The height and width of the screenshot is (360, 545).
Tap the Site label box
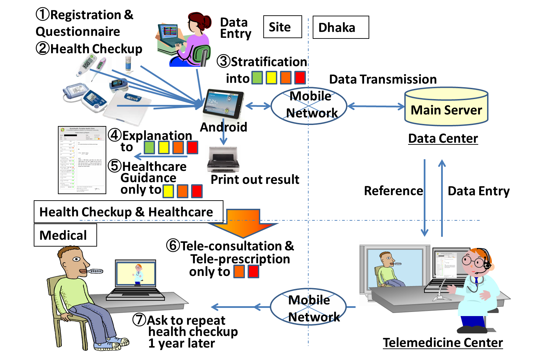(282, 27)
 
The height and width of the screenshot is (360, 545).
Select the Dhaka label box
(341, 27)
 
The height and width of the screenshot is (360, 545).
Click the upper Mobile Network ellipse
(309, 106)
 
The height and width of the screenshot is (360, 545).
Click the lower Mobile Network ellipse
(308, 307)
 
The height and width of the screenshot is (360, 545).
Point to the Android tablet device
(223, 104)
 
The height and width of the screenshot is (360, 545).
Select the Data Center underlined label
(443, 139)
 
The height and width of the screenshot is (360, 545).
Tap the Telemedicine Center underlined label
(442, 343)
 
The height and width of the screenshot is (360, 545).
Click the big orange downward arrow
(243, 223)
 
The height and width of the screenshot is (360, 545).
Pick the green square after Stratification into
(257, 78)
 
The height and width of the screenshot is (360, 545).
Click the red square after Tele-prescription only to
(253, 272)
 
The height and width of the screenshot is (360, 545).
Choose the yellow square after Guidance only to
(168, 191)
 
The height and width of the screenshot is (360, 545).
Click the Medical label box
(65, 235)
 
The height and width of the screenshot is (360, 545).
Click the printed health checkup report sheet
(82, 160)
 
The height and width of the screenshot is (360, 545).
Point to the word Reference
(393, 191)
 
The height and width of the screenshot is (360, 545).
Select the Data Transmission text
(383, 79)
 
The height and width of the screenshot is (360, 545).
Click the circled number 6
(173, 245)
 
